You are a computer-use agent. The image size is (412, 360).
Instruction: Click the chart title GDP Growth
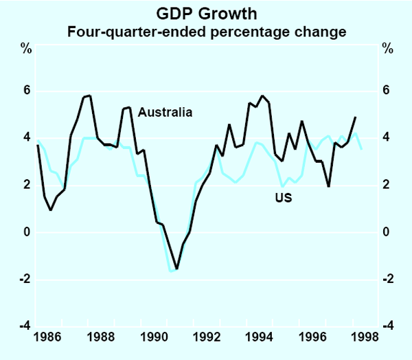click(206, 13)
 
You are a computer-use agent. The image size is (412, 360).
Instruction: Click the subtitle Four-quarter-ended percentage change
click(206, 32)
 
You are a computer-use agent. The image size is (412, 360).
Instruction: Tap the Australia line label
click(165, 112)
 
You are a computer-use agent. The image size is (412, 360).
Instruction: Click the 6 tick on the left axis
click(27, 91)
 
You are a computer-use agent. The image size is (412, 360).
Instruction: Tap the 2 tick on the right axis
click(386, 185)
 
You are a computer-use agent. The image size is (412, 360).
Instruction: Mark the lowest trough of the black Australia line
click(176, 269)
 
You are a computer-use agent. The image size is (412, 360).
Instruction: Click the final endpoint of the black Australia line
click(355, 117)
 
